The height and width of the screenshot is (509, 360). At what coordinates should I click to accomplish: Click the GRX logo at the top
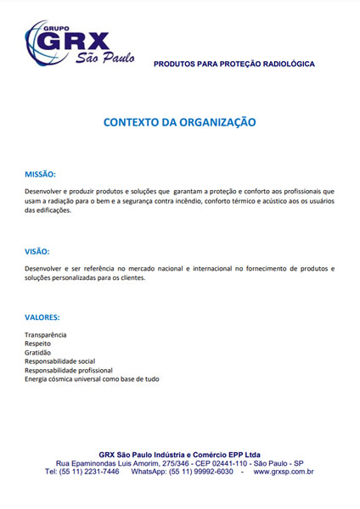tap(81, 47)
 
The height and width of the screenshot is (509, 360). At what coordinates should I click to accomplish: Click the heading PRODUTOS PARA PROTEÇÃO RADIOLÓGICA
tap(234, 64)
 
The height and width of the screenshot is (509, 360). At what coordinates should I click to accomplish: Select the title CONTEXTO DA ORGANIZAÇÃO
tap(180, 122)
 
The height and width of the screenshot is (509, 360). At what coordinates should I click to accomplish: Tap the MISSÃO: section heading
tap(40, 174)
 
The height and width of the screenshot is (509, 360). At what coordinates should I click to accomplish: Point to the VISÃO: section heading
tap(37, 251)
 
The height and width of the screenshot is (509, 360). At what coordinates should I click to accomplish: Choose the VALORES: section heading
tap(42, 317)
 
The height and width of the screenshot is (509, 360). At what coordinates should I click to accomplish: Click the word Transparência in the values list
tap(46, 336)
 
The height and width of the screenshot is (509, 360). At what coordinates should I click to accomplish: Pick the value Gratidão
tap(38, 353)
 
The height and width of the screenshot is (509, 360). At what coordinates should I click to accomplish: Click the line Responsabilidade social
tap(59, 361)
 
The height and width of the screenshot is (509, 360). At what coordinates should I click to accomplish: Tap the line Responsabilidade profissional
tap(68, 370)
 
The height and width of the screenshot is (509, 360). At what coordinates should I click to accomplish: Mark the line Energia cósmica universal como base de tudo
tap(92, 379)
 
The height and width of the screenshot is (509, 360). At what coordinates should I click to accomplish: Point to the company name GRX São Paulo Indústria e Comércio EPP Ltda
tap(180, 454)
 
